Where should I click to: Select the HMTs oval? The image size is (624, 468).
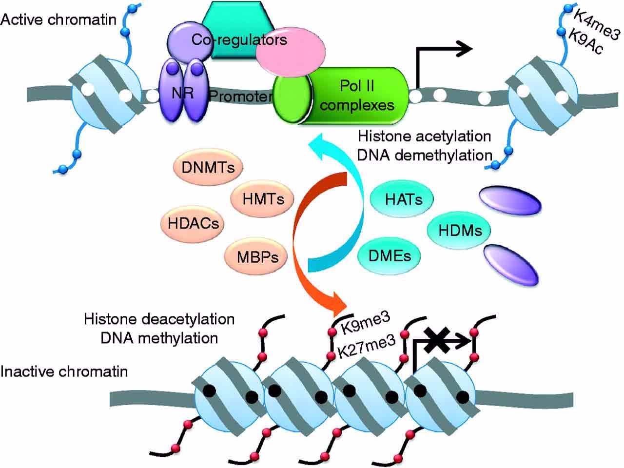click(x=263, y=198)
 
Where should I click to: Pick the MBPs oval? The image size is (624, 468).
click(x=258, y=256)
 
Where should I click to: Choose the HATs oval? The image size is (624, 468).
click(x=403, y=199)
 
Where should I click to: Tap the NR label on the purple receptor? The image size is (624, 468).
click(x=182, y=93)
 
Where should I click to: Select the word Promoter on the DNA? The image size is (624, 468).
click(x=240, y=97)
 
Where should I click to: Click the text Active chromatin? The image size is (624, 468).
click(x=58, y=19)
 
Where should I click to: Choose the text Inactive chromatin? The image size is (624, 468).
click(x=64, y=372)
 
